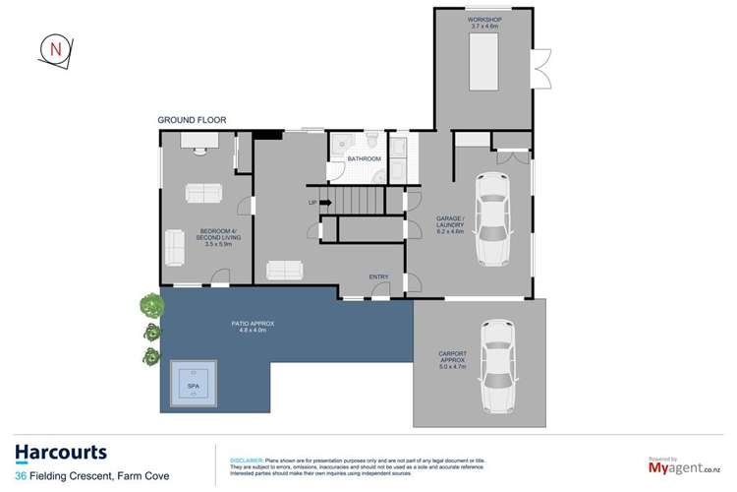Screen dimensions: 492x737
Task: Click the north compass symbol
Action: tap(55, 49)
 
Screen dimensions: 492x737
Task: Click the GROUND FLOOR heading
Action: tap(193, 120)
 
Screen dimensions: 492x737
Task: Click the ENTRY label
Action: tap(378, 277)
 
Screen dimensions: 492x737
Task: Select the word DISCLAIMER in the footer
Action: tap(245, 460)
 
